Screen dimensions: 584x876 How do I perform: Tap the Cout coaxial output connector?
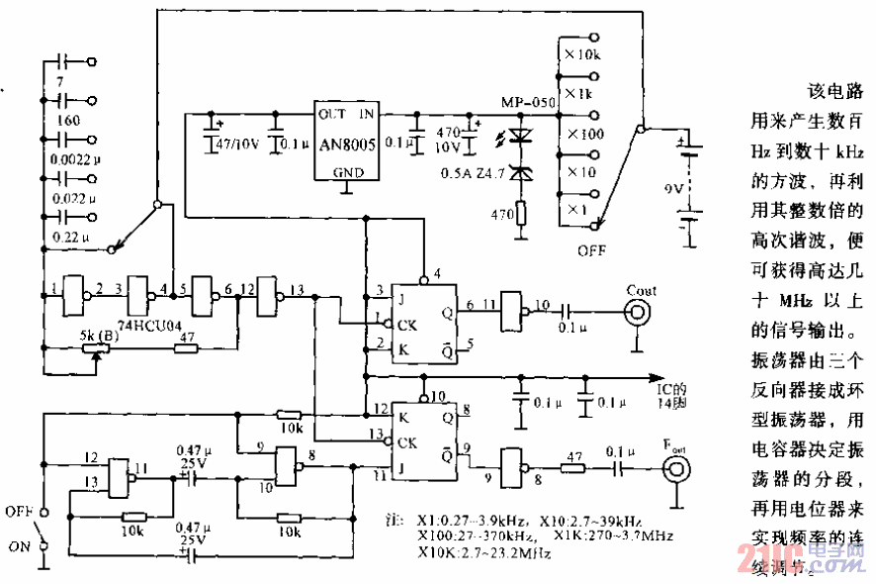638,313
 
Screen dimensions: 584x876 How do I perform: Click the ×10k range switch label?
583,53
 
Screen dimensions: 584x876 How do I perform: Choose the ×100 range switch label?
583,133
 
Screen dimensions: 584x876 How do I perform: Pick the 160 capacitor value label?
69,120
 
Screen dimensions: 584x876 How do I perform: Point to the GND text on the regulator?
347,171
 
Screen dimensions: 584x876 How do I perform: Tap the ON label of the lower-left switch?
18,546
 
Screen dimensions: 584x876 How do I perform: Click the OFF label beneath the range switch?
591,249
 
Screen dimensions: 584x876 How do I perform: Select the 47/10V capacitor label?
237,144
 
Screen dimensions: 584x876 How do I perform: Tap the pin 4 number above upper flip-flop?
424,274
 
